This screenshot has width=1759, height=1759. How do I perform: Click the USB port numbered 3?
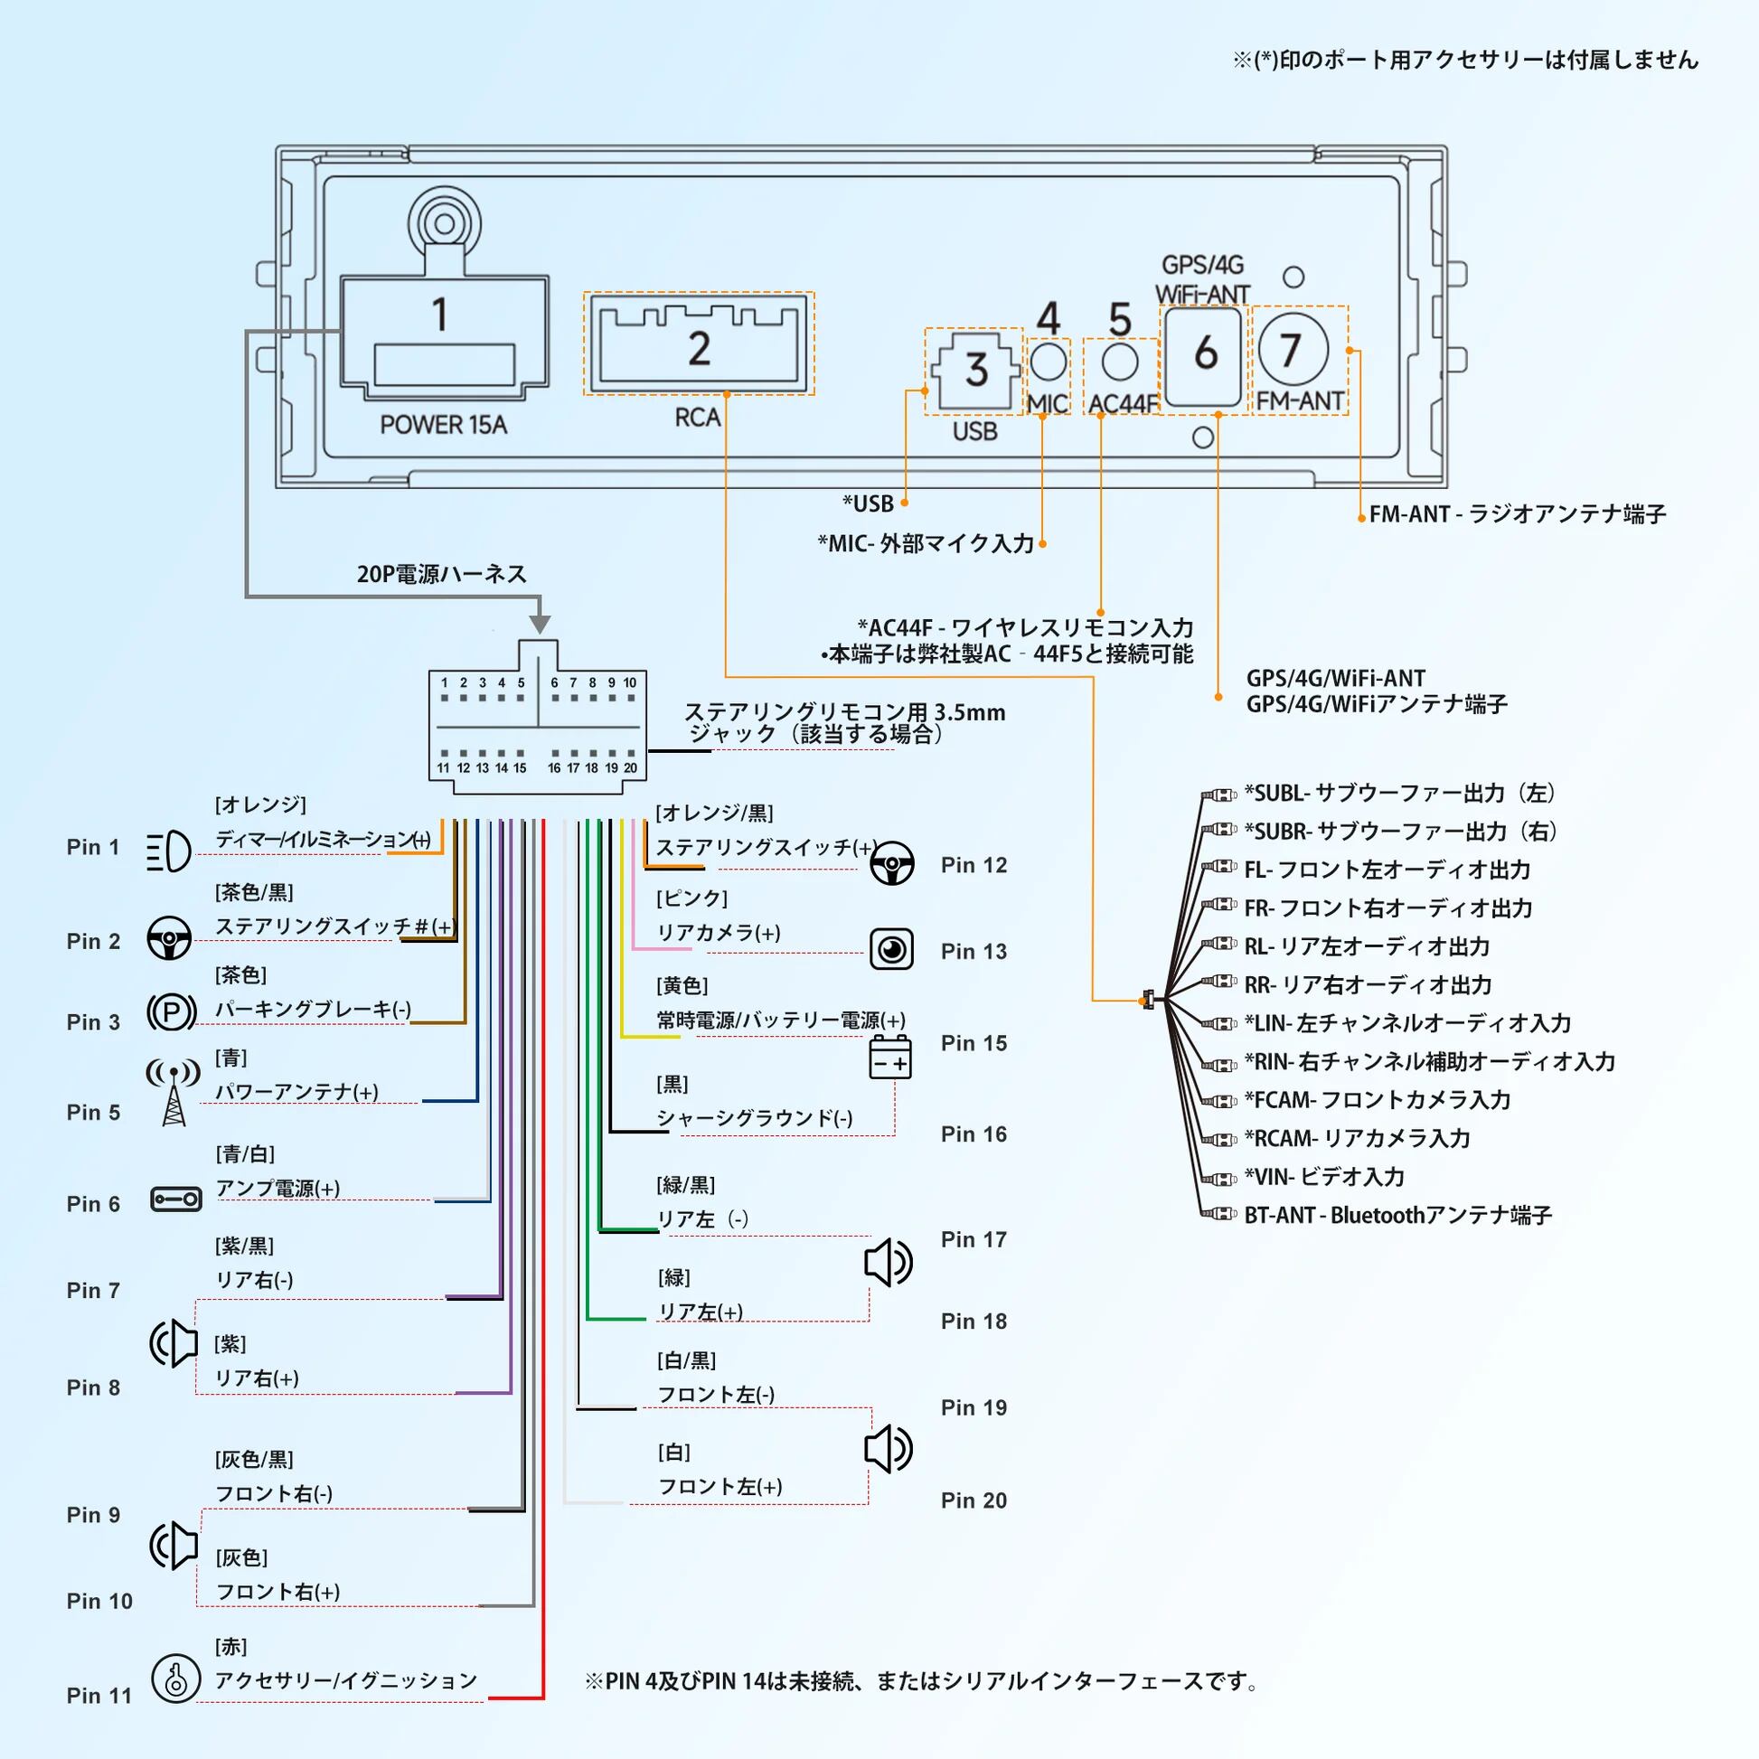975,371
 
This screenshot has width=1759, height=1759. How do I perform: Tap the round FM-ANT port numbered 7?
1293,350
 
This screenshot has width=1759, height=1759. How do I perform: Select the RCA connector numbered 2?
699,343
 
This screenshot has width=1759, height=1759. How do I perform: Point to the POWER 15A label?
444,425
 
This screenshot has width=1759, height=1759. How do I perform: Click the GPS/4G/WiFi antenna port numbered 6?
1204,355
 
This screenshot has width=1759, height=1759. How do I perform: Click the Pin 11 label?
99,1695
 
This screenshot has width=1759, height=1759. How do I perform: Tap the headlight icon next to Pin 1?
169,852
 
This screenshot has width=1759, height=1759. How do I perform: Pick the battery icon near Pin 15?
889,1057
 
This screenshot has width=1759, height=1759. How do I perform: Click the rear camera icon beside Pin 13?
891,950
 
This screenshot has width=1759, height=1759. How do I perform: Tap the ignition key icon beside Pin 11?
175,1678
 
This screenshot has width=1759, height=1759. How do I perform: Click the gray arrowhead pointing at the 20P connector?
540,625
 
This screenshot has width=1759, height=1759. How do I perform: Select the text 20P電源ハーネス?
442,575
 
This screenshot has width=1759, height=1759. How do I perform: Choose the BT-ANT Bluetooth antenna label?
1397,1216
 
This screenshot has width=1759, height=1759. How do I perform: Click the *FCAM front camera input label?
1378,1100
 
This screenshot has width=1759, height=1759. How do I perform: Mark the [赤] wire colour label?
231,1646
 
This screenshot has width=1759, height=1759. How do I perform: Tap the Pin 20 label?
974,1500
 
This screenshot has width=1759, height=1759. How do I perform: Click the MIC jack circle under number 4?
1049,362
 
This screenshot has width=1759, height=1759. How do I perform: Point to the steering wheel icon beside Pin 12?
891,863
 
